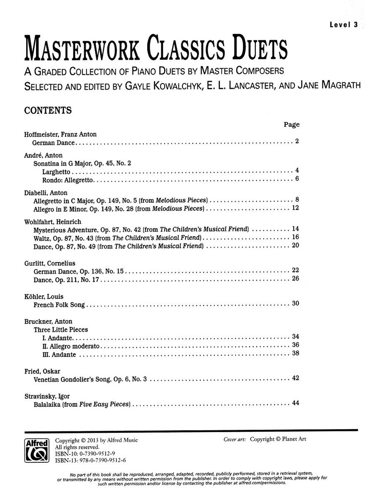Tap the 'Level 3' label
point(344,24)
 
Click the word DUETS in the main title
point(253,50)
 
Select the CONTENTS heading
point(48,110)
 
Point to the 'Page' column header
point(292,124)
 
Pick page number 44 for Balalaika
point(295,403)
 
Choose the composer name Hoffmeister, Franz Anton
point(60,134)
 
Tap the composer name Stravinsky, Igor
point(46,396)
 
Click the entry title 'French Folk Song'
point(59,304)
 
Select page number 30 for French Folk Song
point(295,303)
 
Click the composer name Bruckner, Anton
point(48,321)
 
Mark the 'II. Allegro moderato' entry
point(71,346)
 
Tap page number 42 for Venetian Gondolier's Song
point(295,378)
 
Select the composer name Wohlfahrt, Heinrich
point(53,222)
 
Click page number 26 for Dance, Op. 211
point(295,278)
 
